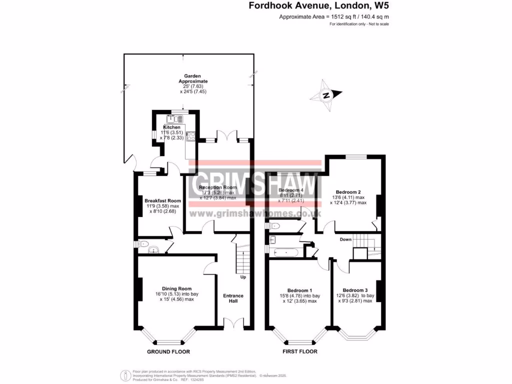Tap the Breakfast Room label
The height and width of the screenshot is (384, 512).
163,200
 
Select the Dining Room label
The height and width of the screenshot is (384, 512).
177,288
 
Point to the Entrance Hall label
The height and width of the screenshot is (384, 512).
233,298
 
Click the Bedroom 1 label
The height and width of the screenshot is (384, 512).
299,290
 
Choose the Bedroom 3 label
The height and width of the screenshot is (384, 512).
355,290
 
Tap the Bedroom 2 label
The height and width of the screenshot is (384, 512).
348,192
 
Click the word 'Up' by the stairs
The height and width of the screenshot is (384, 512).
243,277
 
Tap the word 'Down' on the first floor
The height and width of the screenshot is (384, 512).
345,239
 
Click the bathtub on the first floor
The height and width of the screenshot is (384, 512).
285,252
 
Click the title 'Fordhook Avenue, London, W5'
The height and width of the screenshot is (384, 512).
318,6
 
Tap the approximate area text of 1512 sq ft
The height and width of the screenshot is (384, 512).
334,17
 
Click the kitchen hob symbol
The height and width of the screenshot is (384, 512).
190,135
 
